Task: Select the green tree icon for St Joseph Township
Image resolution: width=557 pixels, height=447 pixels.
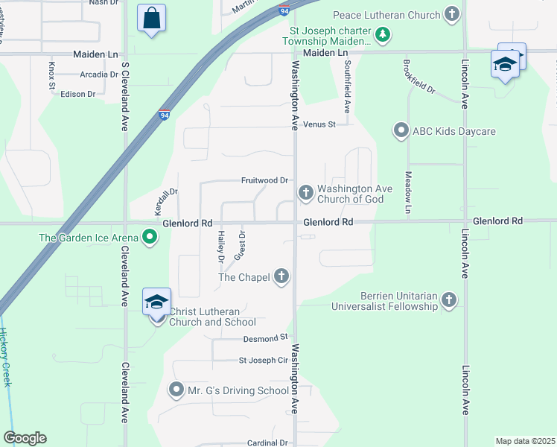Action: point(382,34)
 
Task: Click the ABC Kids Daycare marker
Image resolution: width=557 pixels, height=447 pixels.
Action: point(401,132)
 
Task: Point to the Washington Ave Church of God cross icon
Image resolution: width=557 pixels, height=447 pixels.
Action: point(305,194)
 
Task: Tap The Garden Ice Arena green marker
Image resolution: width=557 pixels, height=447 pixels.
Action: point(150,238)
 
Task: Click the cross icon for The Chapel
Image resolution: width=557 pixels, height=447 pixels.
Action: point(281,277)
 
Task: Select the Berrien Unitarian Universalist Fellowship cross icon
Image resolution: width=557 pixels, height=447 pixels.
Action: point(448,299)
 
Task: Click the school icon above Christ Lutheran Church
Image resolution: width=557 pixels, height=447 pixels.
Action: point(157,302)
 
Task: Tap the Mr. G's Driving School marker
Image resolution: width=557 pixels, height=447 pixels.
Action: point(176,390)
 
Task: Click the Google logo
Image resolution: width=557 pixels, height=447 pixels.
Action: point(25,438)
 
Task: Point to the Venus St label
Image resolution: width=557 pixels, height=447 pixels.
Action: point(320,124)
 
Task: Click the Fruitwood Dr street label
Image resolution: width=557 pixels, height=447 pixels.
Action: point(264,180)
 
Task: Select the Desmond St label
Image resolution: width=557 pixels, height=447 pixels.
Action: point(265,337)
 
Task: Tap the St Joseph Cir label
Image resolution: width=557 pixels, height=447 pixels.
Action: point(263,361)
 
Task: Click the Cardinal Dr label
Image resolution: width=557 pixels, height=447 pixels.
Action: point(267,443)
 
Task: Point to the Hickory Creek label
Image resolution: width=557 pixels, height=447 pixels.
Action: point(5,358)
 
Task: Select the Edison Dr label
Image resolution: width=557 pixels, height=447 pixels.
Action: point(78,94)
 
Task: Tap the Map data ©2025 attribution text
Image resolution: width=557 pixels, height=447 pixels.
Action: point(525,441)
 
